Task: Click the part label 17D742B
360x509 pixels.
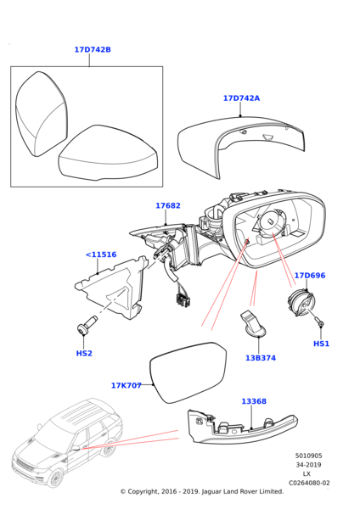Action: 93,50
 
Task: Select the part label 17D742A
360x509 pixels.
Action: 241,98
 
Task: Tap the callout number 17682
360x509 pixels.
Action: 168,205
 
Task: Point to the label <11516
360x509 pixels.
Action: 101,255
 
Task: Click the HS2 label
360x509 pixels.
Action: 84,353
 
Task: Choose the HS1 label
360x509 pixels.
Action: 321,344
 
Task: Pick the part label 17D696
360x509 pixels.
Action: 310,276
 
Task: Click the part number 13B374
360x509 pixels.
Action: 261,358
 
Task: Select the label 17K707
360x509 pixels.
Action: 127,385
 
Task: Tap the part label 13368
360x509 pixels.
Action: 254,401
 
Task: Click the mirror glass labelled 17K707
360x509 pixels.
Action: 188,372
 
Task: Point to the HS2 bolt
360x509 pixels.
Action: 86,325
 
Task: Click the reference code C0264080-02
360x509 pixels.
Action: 309,483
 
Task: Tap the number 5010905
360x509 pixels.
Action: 309,456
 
